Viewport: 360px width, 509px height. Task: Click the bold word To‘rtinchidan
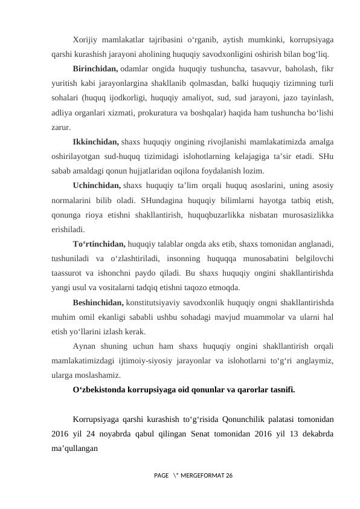tap(99, 244)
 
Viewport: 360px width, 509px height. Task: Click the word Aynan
tap(83, 346)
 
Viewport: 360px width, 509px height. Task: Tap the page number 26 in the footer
tap(227, 477)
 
